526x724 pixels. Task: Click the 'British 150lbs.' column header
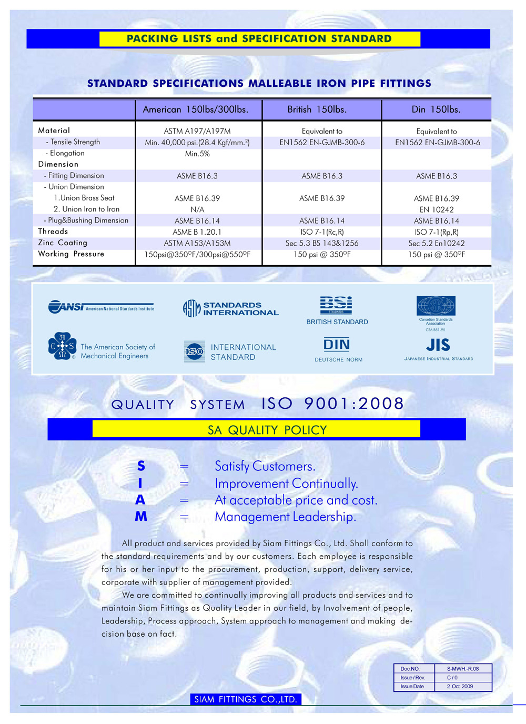tap(317, 109)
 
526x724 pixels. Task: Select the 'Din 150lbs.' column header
tap(436, 109)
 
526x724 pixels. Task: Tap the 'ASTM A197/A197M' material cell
tap(197, 131)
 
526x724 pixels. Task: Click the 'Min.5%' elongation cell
tap(197, 154)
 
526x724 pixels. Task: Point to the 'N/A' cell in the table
tap(197, 209)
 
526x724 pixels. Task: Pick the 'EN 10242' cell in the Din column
tap(437, 209)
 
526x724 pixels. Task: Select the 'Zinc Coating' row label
tap(63, 243)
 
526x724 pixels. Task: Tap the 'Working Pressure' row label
tap(71, 254)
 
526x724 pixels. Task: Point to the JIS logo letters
tap(438, 345)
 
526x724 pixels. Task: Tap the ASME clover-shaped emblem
tap(62, 346)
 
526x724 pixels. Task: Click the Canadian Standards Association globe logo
tap(436, 306)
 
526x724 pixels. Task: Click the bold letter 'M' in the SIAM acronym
tap(141, 517)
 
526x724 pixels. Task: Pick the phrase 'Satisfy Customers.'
tap(265, 466)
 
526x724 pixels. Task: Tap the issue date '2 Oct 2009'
tap(460, 686)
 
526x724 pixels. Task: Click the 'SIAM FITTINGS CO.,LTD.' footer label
tap(246, 699)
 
